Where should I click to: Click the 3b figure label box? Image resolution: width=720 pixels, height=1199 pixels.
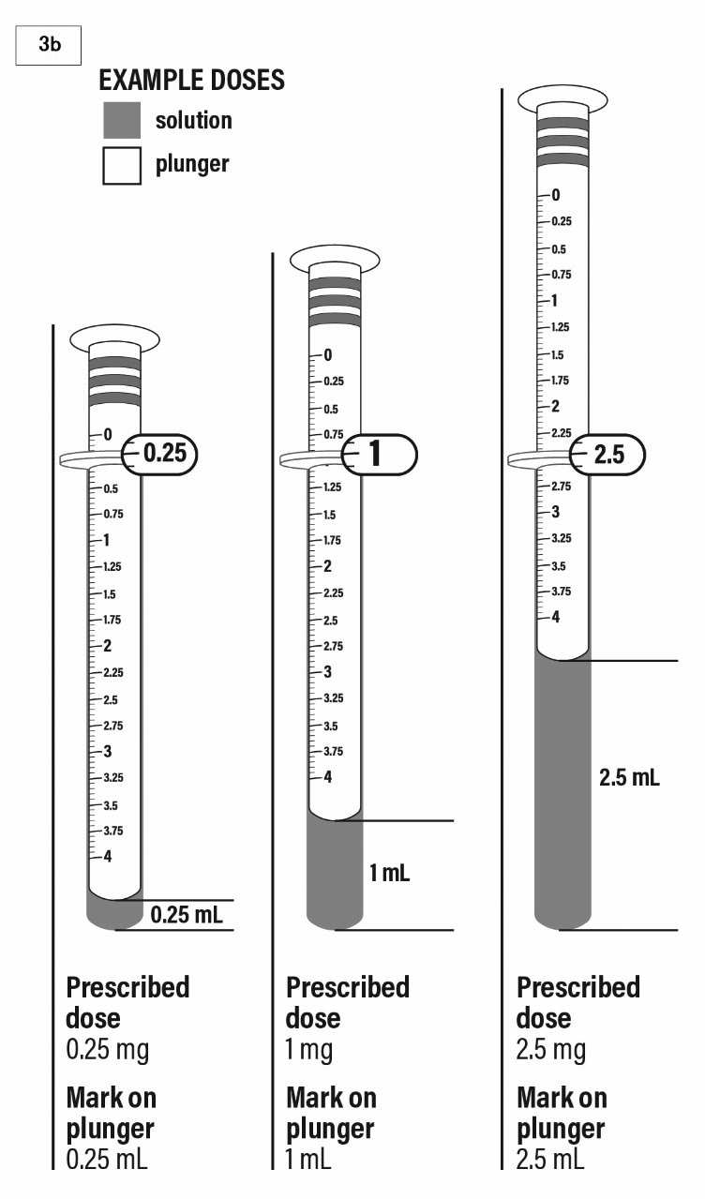(48, 45)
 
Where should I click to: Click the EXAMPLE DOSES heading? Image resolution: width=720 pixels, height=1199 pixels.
(191, 81)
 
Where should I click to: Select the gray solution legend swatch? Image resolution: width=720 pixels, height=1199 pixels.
(122, 120)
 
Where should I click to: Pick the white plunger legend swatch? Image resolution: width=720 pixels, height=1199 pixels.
(122, 166)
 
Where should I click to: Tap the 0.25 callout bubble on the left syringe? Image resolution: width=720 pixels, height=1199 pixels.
(160, 455)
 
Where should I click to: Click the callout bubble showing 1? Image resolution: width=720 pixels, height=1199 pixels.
(380, 455)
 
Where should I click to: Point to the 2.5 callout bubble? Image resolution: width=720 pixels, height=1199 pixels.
(607, 455)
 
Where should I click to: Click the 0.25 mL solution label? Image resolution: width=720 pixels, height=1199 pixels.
(187, 915)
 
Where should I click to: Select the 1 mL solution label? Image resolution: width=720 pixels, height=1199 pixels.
(390, 873)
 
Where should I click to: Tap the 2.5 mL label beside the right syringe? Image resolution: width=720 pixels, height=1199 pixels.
(630, 777)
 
